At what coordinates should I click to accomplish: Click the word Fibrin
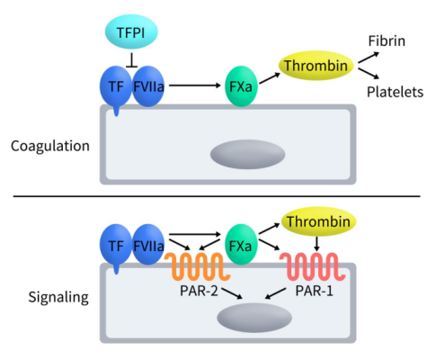point(387,41)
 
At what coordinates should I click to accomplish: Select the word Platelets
point(396,91)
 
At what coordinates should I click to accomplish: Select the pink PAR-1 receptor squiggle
point(308,266)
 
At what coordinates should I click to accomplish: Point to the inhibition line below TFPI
point(133,59)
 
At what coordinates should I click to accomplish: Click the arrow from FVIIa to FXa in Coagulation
point(197,86)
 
